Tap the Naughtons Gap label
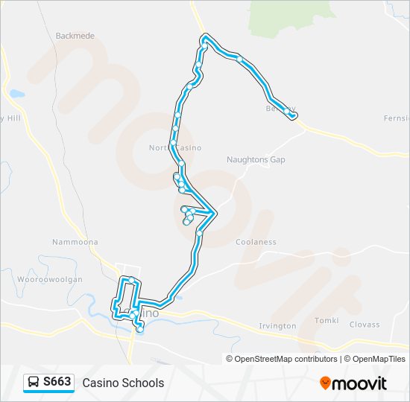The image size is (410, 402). pyautogui.click(x=256, y=159)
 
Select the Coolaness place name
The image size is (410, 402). pyautogui.click(x=256, y=242)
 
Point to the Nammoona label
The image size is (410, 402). pyautogui.click(x=75, y=242)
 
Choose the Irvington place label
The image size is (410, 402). pyautogui.click(x=277, y=326)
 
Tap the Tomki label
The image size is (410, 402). pyautogui.click(x=327, y=321)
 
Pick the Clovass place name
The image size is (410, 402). pyautogui.click(x=365, y=325)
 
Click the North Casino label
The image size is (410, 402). pyautogui.click(x=175, y=147)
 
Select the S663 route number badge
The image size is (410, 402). pyautogui.click(x=57, y=383)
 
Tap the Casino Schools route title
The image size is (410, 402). pyautogui.click(x=123, y=383)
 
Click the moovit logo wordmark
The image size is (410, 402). pyautogui.click(x=359, y=383)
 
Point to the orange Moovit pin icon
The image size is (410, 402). pyautogui.click(x=325, y=383)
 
